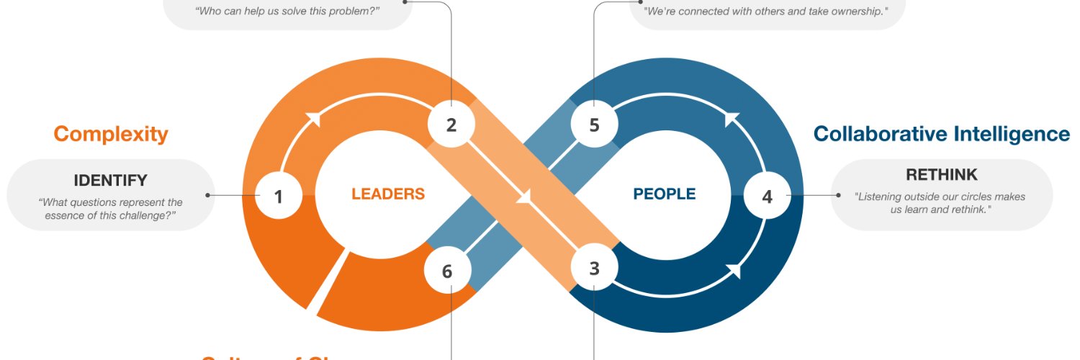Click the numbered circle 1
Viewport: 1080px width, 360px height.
[x=279, y=195]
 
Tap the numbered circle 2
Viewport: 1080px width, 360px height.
[x=451, y=125]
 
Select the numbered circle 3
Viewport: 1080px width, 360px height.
[x=594, y=269]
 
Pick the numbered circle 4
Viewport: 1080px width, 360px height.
[x=767, y=195]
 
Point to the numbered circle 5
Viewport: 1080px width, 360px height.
[x=594, y=125]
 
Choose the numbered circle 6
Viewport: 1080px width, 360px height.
[x=447, y=271]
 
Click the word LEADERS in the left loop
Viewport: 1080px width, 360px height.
[x=388, y=194]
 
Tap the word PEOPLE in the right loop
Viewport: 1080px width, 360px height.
[x=664, y=194]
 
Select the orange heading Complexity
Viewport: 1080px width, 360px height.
[x=111, y=134]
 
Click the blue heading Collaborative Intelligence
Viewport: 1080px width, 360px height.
[x=941, y=134]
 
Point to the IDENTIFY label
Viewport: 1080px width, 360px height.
[x=110, y=180]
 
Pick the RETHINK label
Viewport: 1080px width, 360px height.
[x=941, y=174]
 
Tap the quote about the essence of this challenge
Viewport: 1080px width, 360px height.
[x=110, y=209]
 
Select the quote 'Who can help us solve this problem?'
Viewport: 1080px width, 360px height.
[x=287, y=11]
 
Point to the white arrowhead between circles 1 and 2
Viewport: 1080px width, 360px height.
[x=312, y=119]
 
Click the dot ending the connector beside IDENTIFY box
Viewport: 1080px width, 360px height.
[x=207, y=195]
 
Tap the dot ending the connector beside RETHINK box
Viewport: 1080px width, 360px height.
[x=838, y=195]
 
